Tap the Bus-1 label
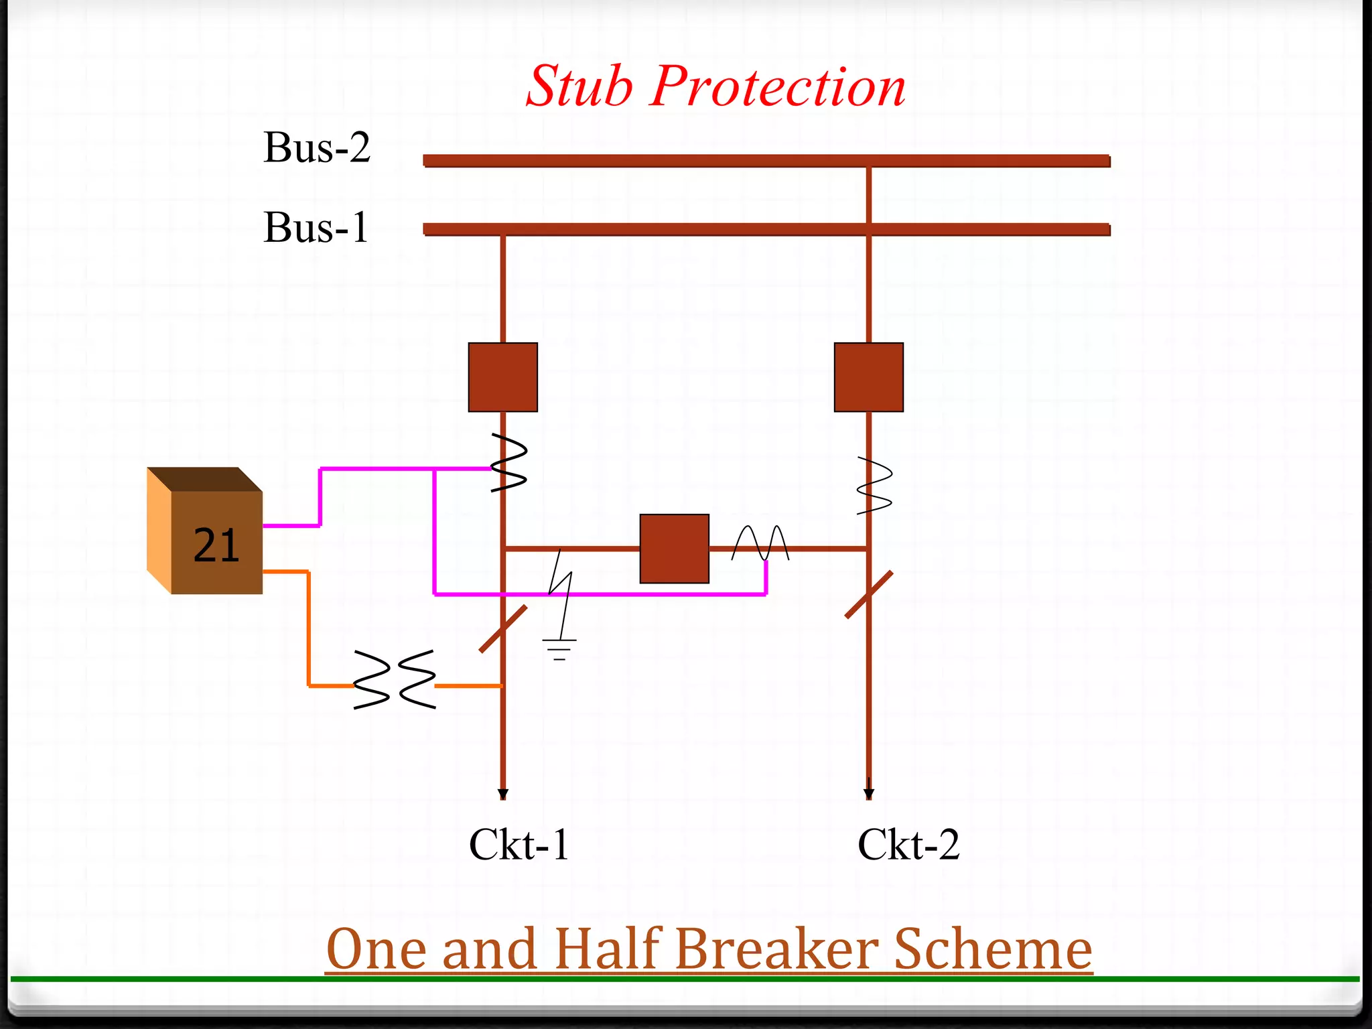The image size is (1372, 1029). point(316,228)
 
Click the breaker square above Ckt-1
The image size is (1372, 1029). point(502,377)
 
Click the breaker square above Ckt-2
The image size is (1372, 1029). point(868,377)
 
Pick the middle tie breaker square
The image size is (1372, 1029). point(674,549)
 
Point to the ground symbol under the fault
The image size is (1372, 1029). point(559,649)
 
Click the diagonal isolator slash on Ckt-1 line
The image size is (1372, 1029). point(503,628)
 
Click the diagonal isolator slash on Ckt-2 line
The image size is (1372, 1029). point(869,594)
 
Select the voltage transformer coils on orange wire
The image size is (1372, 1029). point(395,679)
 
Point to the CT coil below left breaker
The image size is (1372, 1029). point(509,463)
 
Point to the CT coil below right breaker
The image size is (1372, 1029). point(874,486)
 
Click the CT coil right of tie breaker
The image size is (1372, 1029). point(760,543)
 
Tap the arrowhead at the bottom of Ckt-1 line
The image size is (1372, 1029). point(503,794)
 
